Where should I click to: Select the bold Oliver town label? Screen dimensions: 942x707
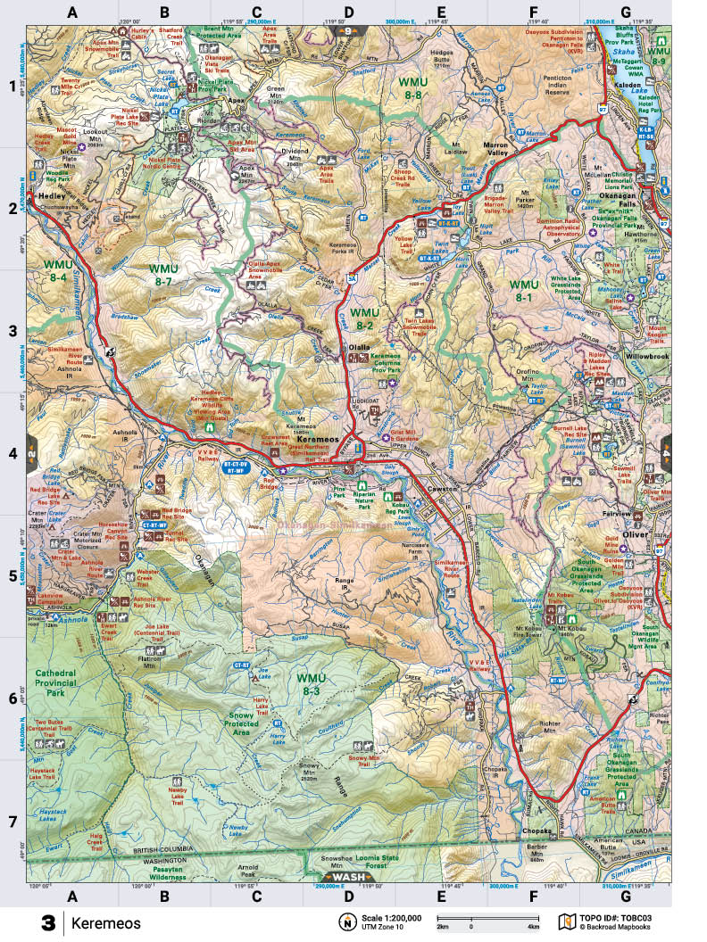[634, 533]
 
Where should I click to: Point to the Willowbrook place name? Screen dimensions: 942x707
[647, 356]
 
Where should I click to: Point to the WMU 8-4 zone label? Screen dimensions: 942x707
[58, 271]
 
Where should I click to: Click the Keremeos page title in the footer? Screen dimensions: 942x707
[105, 923]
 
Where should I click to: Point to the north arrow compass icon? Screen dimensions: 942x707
[345, 921]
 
